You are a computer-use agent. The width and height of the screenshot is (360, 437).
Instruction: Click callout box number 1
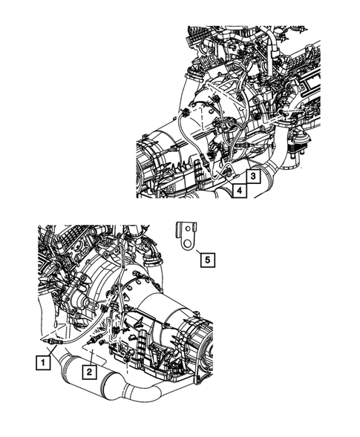pyautogui.click(x=45, y=363)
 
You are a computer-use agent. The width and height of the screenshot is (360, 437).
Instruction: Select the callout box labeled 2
pyautogui.click(x=89, y=370)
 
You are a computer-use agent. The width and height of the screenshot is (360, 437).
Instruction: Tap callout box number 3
pyautogui.click(x=252, y=177)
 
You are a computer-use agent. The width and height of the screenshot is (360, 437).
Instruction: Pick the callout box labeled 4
pyautogui.click(x=239, y=192)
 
